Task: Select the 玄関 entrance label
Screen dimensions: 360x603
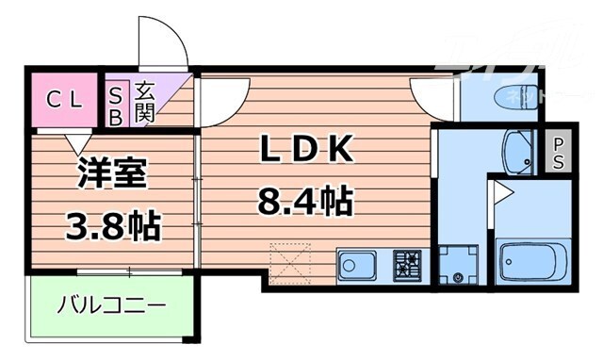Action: coord(144,101)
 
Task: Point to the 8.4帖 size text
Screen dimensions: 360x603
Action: coord(304,200)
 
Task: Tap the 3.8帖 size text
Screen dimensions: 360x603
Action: coord(111,225)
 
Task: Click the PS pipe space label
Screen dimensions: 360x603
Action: coord(558,153)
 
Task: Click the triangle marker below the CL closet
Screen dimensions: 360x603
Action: coord(74,142)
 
